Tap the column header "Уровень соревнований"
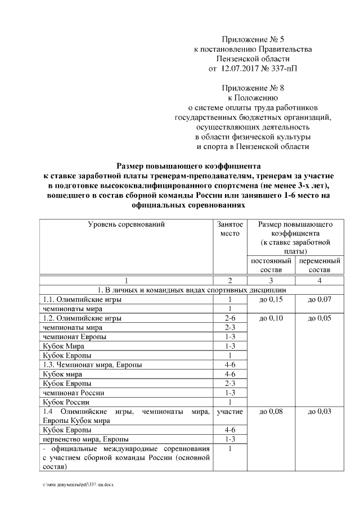point(126,224)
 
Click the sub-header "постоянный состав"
point(271,265)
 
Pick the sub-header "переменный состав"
point(319,265)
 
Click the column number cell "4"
point(319,280)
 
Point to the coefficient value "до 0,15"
point(271,300)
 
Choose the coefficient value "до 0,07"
point(319,300)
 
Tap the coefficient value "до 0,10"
point(271,318)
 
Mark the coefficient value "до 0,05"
point(319,318)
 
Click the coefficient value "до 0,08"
point(271,412)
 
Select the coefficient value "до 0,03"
point(319,412)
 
